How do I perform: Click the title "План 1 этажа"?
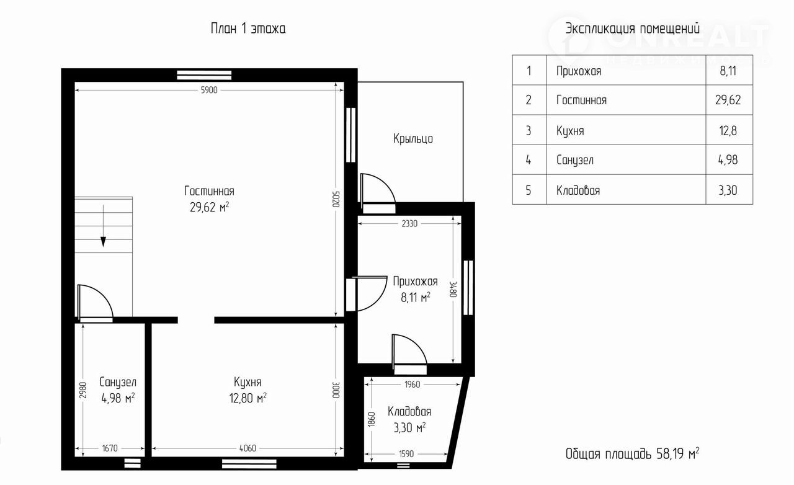248,29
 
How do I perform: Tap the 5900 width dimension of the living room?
209,90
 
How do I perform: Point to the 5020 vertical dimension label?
336,199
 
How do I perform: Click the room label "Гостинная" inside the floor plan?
209,191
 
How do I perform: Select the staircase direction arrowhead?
103,241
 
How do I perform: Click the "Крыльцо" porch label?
413,138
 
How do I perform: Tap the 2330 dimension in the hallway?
409,223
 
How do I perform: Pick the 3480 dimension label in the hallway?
453,289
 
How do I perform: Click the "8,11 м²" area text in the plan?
416,297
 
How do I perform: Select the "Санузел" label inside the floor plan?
118,382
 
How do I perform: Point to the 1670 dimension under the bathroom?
110,448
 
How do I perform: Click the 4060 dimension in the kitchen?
248,448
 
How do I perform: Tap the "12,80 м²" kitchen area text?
248,398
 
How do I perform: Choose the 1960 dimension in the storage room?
413,385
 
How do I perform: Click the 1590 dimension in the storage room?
406,454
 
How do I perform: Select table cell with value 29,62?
728,100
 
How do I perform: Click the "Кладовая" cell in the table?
578,190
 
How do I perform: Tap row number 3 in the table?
529,130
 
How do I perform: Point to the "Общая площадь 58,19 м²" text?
632,453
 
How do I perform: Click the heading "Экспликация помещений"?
632,29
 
